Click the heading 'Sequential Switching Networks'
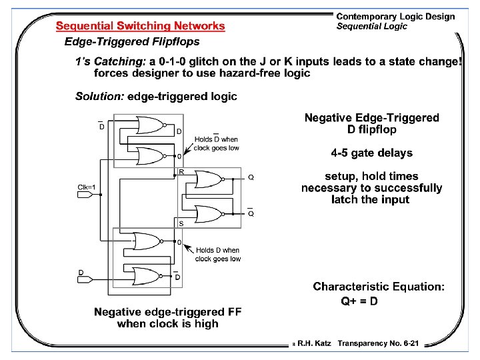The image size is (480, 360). pos(141,26)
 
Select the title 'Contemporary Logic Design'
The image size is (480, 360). pos(395,17)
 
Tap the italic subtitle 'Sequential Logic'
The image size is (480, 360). pos(371,27)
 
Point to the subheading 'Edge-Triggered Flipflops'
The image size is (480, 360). pos(131,42)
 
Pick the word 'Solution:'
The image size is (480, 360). pos(99,96)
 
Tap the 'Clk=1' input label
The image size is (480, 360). pos(89,187)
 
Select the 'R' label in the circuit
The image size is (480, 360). pos(181,171)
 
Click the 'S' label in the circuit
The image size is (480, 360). pos(181,223)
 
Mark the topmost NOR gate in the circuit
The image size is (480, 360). pos(150,125)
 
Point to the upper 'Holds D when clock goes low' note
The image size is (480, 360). pos(215,143)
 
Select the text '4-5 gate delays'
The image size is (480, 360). pos(371,153)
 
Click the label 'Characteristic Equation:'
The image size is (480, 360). pos(379,287)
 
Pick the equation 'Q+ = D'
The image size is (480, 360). pos(359,301)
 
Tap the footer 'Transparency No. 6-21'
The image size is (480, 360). pos(378,343)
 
